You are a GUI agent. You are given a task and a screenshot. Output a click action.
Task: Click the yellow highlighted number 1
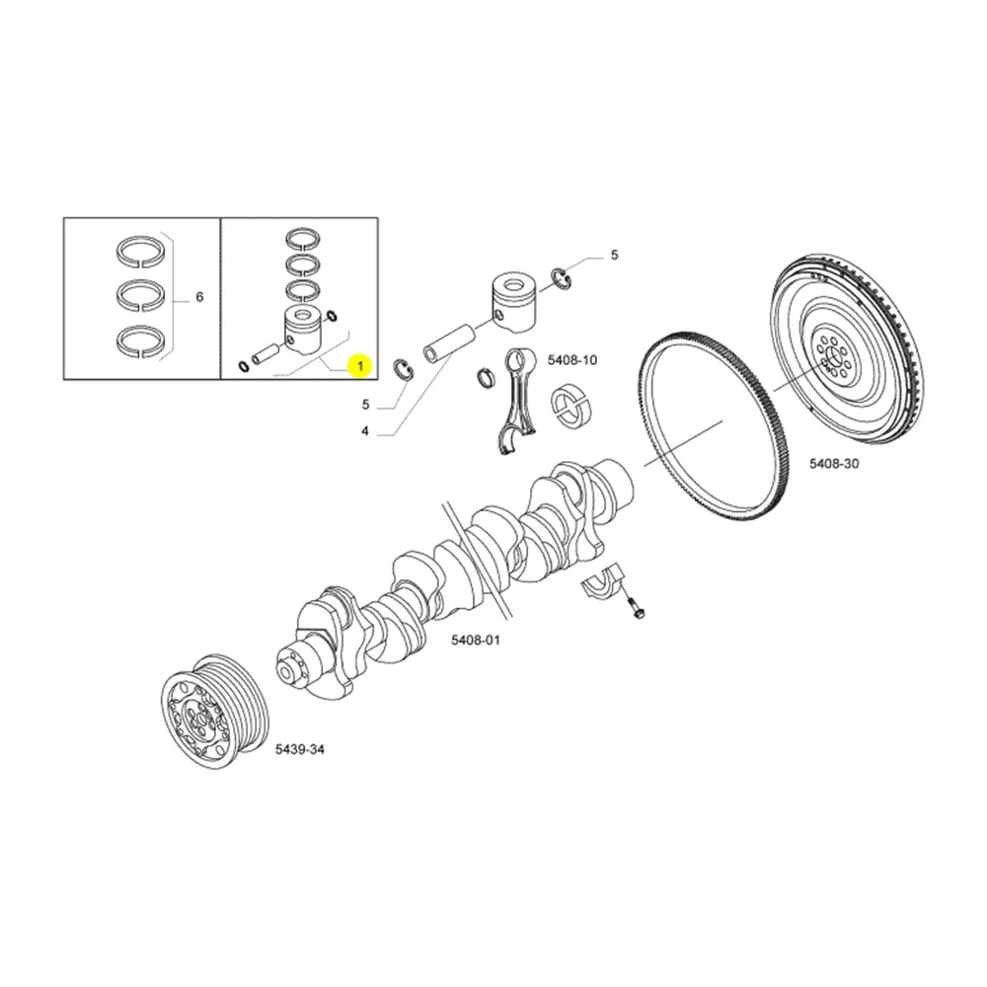click(x=360, y=367)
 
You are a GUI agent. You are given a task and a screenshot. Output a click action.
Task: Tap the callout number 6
click(x=199, y=297)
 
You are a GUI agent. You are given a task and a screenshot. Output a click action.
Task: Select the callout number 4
click(x=364, y=431)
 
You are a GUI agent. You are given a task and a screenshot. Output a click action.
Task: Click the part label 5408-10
click(x=572, y=360)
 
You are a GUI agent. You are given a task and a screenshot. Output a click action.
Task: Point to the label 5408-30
click(x=834, y=462)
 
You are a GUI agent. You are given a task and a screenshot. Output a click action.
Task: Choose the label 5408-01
click(x=476, y=640)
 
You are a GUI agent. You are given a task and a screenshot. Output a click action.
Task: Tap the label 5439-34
click(x=299, y=750)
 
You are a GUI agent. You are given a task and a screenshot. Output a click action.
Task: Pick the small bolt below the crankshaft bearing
click(x=637, y=609)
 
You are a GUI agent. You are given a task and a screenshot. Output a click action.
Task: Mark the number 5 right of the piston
click(x=614, y=255)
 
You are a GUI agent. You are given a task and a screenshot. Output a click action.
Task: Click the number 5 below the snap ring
click(x=364, y=405)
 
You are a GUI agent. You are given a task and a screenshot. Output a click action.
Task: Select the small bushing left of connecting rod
click(x=487, y=378)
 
